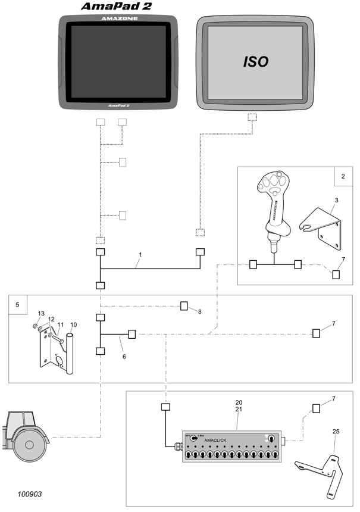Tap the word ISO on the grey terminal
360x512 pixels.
[x=256, y=61]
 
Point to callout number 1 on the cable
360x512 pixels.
[x=140, y=254]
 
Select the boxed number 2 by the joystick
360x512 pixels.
[x=343, y=176]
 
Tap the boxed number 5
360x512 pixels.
[x=17, y=304]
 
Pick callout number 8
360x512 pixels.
[x=200, y=311]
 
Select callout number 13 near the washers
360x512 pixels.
[x=41, y=313]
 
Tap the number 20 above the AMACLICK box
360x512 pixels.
[x=238, y=402]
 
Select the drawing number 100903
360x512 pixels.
[x=30, y=494]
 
